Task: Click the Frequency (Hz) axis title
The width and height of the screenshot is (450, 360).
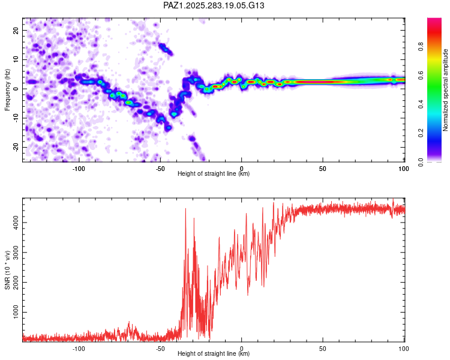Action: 7,90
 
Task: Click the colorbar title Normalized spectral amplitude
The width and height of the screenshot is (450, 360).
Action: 446,91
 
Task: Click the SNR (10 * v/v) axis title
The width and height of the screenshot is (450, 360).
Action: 7,270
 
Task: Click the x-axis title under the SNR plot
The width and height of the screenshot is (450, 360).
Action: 214,354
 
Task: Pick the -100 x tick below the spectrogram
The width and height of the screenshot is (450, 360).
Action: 79,168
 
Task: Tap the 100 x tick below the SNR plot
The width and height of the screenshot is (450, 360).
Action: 404,348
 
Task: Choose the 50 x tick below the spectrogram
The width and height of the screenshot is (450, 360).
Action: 322,168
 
